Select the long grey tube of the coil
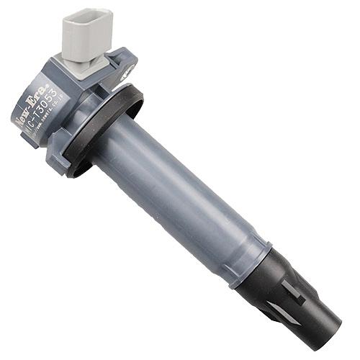click(180, 194)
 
